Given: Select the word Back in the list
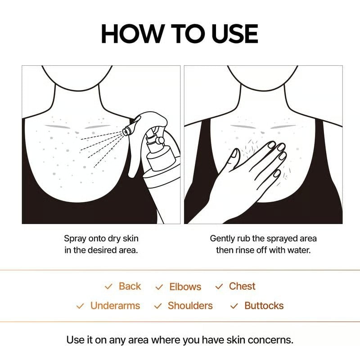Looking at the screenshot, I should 130,286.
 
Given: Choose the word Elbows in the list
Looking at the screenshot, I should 185,287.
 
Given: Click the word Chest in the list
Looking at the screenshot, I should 242,286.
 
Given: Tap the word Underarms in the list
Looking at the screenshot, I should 115,306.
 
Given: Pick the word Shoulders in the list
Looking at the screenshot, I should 190,306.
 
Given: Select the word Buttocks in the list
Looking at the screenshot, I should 264,306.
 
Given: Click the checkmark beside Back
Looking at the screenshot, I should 108,287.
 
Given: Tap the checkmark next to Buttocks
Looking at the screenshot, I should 234,306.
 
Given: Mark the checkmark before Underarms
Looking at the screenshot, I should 80,306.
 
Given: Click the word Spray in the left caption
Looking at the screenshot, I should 74,238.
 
